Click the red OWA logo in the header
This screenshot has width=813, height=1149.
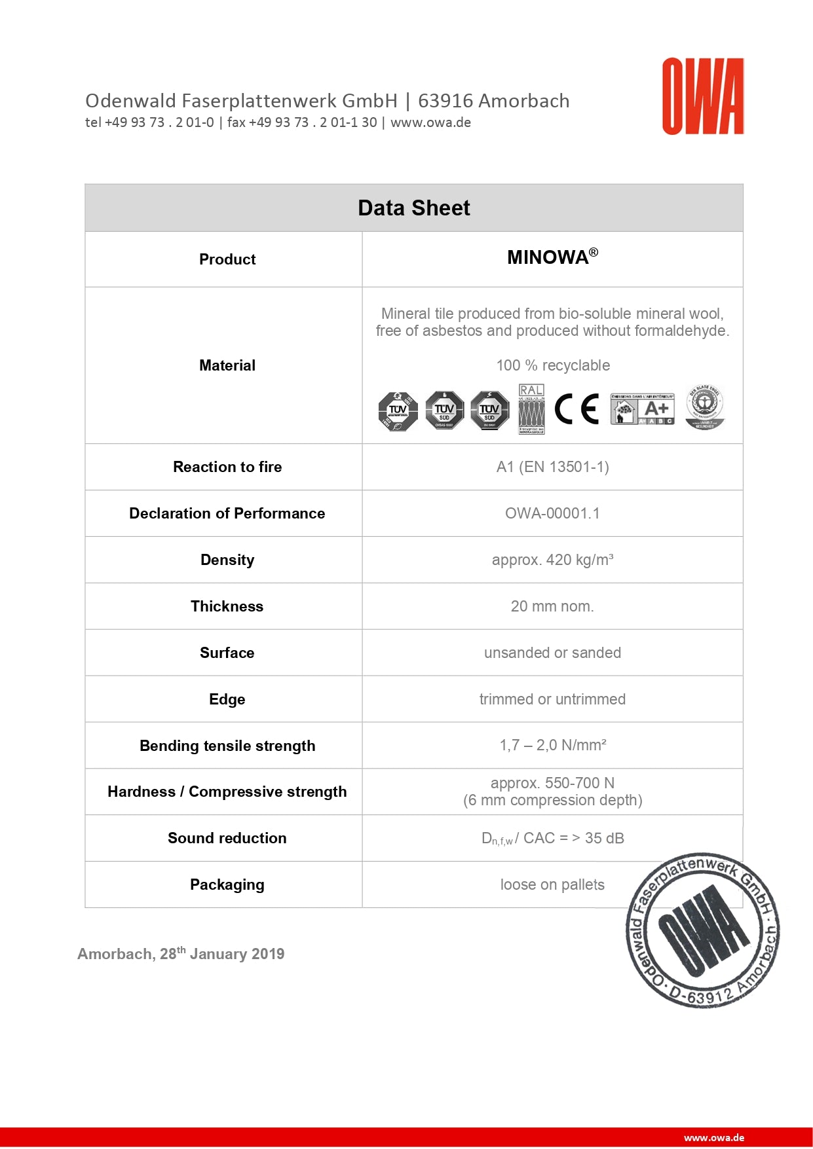(x=702, y=96)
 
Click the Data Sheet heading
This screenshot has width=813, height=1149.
(x=413, y=208)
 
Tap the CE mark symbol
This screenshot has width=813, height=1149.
(x=577, y=410)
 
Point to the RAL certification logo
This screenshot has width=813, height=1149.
(x=531, y=409)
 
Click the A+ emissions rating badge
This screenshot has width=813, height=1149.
(x=642, y=409)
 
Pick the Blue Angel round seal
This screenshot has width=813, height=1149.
(x=704, y=408)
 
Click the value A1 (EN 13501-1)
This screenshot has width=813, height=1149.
(x=552, y=467)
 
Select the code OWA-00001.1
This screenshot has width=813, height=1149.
(x=552, y=513)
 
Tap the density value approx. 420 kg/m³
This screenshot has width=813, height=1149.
(x=552, y=560)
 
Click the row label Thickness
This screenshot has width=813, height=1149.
(x=227, y=606)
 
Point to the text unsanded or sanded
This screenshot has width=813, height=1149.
(x=552, y=653)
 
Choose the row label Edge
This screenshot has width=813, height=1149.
(x=227, y=699)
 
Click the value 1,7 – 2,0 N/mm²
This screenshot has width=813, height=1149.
(x=552, y=745)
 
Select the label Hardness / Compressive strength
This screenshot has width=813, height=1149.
(x=227, y=792)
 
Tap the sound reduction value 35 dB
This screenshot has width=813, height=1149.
(x=603, y=838)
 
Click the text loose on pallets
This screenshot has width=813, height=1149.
(x=552, y=885)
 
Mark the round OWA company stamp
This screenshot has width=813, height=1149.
(x=703, y=930)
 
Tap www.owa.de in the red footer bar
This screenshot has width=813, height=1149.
(x=713, y=1138)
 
